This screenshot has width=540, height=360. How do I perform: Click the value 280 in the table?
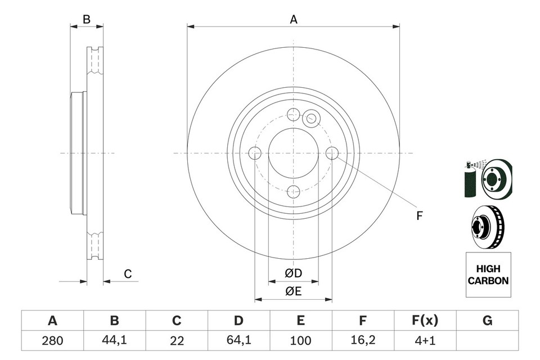52,340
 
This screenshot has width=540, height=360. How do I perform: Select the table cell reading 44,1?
114,340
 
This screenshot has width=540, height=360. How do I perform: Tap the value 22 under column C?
177,340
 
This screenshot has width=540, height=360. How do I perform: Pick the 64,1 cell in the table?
238,340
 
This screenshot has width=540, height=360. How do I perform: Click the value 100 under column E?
301,340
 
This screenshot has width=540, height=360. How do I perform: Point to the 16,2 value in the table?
363,340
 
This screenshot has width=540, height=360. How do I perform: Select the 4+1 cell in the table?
425,340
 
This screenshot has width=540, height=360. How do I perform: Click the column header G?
487,321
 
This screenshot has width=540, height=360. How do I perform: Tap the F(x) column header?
425,321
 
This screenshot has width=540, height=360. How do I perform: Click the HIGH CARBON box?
488,275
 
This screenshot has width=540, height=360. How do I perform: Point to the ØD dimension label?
293,273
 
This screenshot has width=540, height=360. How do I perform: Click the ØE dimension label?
293,291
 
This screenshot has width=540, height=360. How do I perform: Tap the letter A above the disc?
293,20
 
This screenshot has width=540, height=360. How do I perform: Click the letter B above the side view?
86,20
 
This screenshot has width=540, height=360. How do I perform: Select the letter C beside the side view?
128,274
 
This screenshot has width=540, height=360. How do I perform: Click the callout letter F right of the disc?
419,215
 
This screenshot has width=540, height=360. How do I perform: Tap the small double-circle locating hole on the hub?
310,119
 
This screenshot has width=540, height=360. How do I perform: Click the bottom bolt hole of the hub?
293,191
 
